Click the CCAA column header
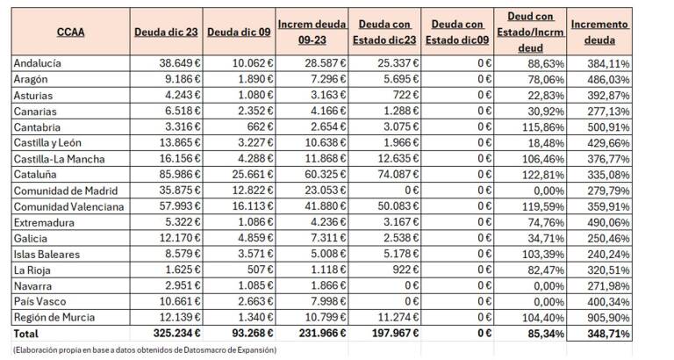click(x=70, y=32)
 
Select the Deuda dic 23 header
click(x=166, y=32)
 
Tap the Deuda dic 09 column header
click(x=239, y=32)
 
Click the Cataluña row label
click(x=35, y=175)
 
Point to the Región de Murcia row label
click(x=54, y=318)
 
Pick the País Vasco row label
click(x=39, y=301)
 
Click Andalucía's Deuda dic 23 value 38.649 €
click(x=180, y=63)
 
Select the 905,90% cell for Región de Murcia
click(x=608, y=318)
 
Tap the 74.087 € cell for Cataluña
click(x=398, y=175)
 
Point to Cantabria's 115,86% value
click(x=543, y=127)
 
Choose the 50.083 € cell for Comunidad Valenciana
click(x=398, y=206)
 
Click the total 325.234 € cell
click(x=176, y=334)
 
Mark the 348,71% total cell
click(x=608, y=334)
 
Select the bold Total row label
click(x=25, y=334)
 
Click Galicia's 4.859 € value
click(x=255, y=238)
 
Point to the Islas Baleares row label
click(x=47, y=254)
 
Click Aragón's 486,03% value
click(x=608, y=80)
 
